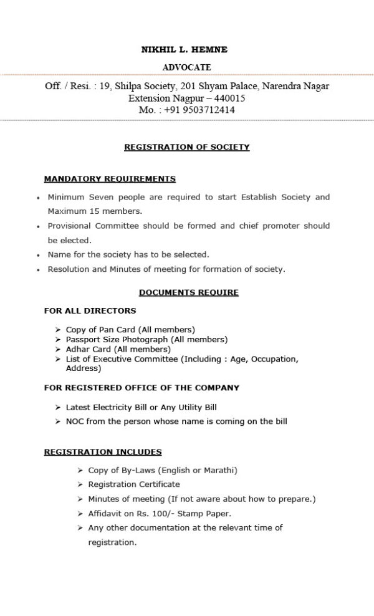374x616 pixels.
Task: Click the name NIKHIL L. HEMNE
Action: pyautogui.click(x=186, y=49)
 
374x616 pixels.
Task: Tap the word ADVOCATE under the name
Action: pyautogui.click(x=186, y=67)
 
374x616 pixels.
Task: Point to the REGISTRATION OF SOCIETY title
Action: pyautogui.click(x=186, y=147)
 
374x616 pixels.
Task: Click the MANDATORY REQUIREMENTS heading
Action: pyautogui.click(x=110, y=179)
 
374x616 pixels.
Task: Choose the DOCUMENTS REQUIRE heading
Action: pyautogui.click(x=188, y=292)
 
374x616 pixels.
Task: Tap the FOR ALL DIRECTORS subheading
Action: pyautogui.click(x=90, y=310)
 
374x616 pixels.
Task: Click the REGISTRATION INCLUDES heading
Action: pyautogui.click(x=103, y=452)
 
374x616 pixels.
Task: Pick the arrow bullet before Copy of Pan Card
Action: pyautogui.click(x=58, y=329)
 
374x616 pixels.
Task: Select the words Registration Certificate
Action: pyautogui.click(x=133, y=484)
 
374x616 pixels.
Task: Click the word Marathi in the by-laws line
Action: pyautogui.click(x=218, y=470)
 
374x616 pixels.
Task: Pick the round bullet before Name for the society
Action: pyautogui.click(x=39, y=255)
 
